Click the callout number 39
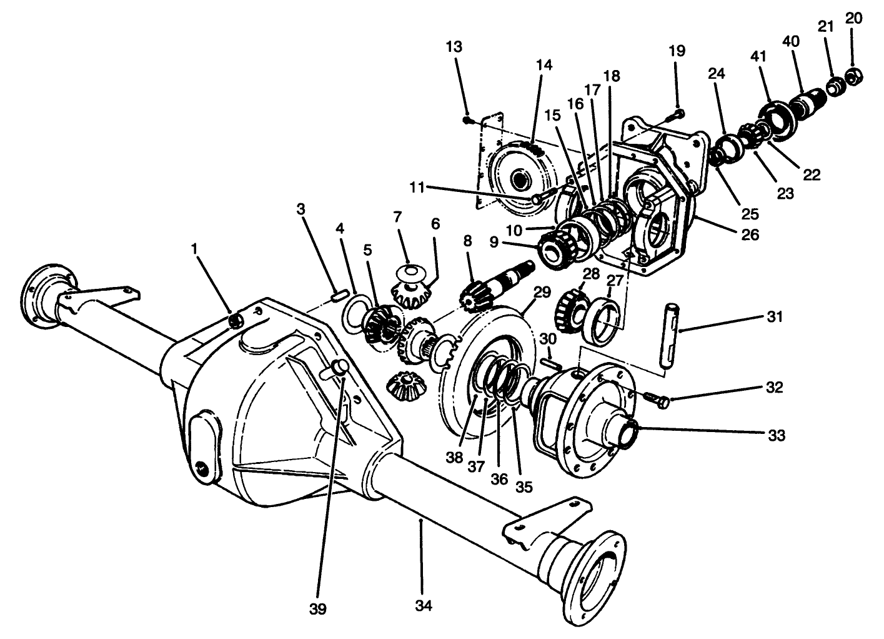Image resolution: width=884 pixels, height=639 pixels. (x=318, y=608)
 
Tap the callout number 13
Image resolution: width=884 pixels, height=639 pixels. (x=455, y=46)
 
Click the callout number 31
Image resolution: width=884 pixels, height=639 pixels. (x=775, y=317)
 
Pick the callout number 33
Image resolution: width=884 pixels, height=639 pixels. (x=776, y=435)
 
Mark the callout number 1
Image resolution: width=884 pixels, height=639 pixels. (x=195, y=249)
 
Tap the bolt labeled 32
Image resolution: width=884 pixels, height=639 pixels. (x=657, y=398)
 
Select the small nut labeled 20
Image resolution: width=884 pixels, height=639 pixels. (x=854, y=76)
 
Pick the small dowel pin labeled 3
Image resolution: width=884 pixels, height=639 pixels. (x=340, y=294)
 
